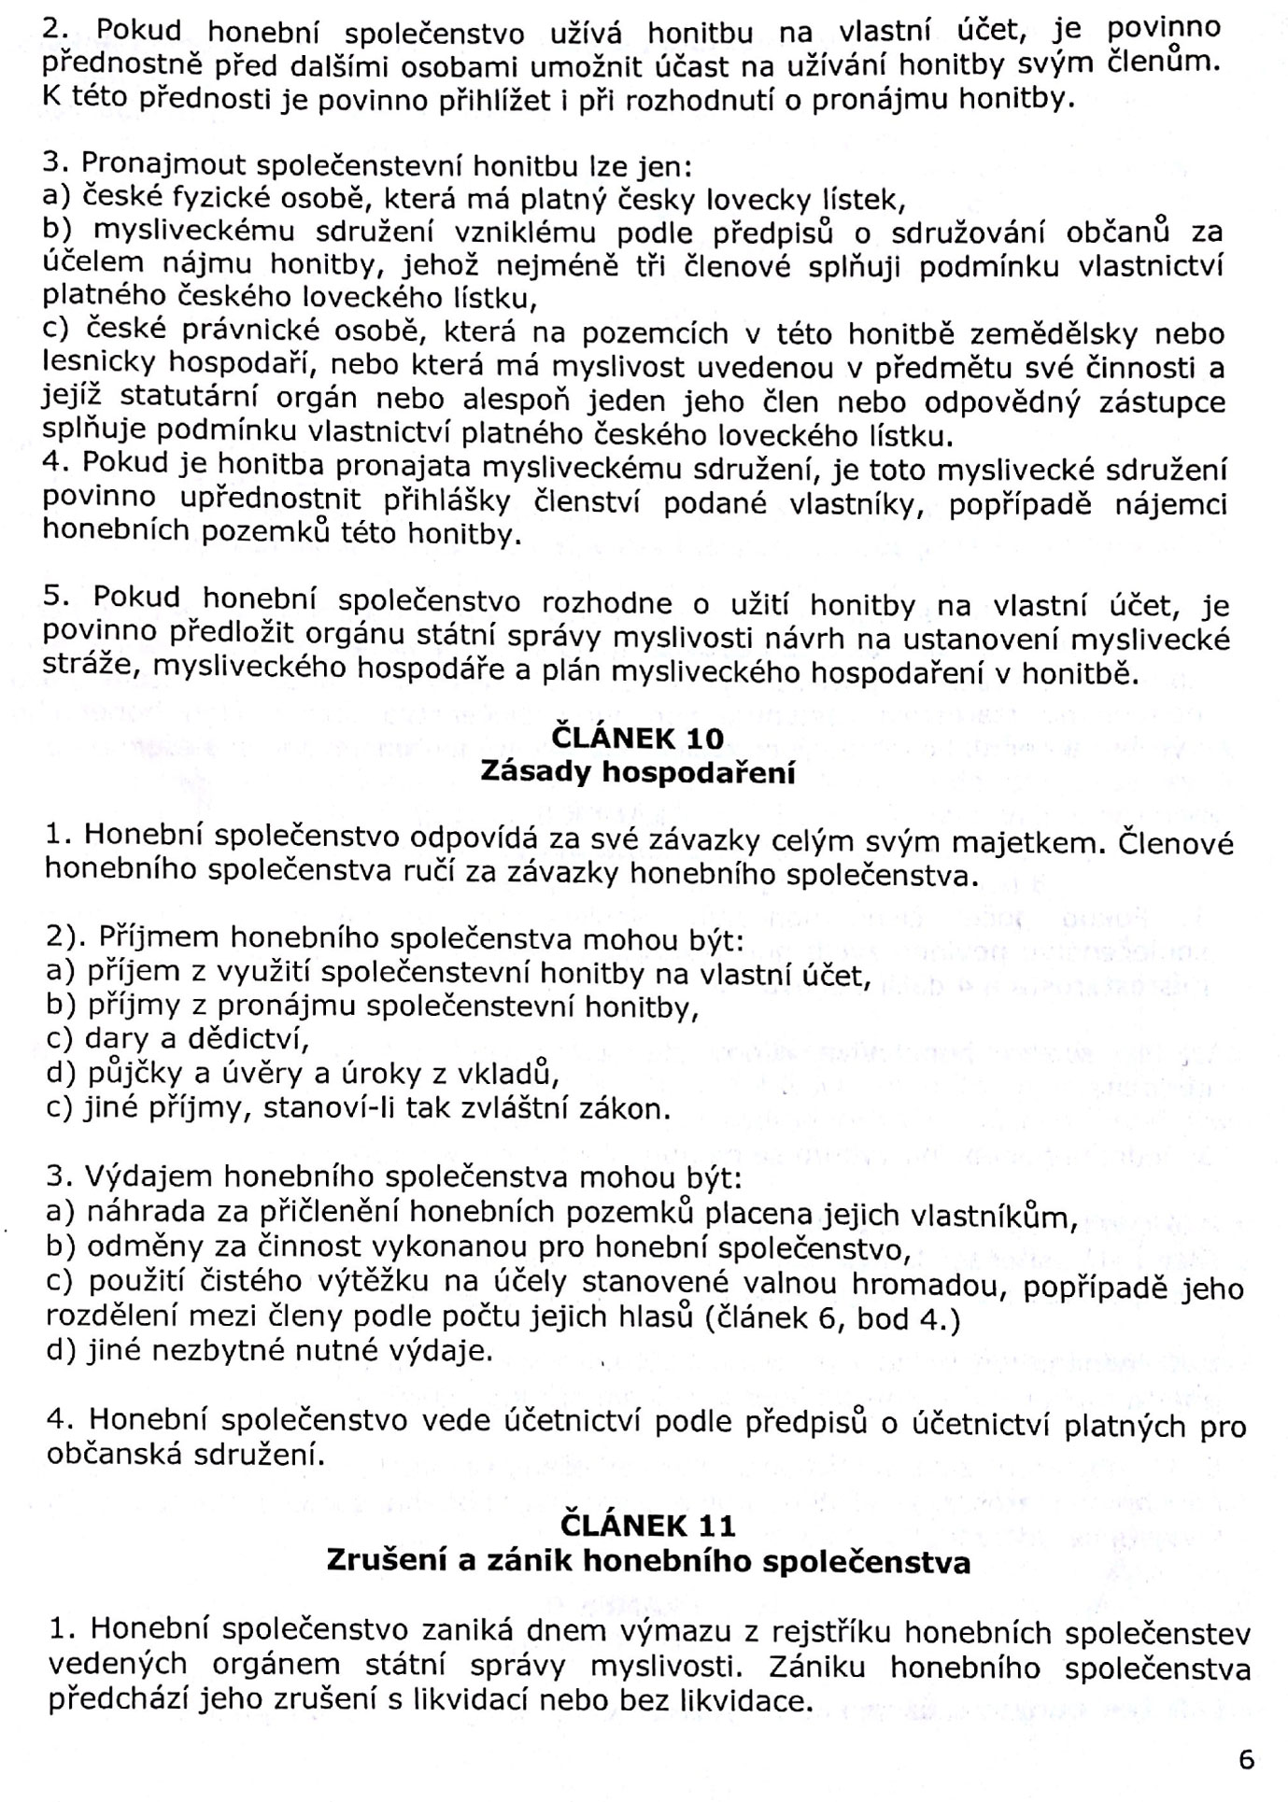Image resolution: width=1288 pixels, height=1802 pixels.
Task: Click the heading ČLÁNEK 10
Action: pos(637,739)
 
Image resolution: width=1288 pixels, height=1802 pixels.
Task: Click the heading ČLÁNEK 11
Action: pos(647,1527)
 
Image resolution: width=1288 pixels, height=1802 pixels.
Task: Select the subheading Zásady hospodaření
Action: pos(637,773)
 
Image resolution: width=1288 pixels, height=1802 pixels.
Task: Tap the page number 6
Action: pos(1246,1760)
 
